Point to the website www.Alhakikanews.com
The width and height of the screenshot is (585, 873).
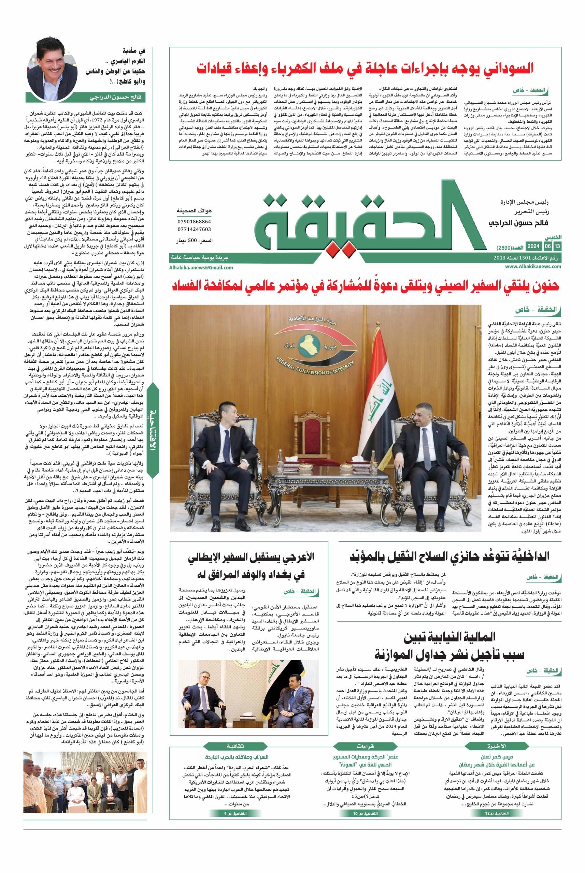click(533, 266)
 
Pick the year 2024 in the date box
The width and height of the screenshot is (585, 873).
click(533, 247)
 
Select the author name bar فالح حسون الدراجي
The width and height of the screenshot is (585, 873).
click(85, 97)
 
